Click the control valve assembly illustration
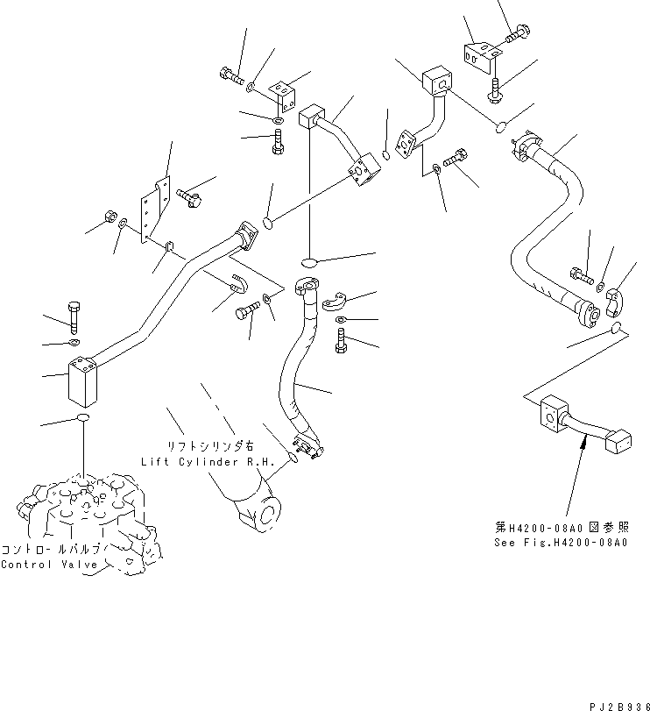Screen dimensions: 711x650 pyautogui.click(x=88, y=517)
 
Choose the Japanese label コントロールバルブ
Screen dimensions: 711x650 pyautogui.click(x=54, y=548)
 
